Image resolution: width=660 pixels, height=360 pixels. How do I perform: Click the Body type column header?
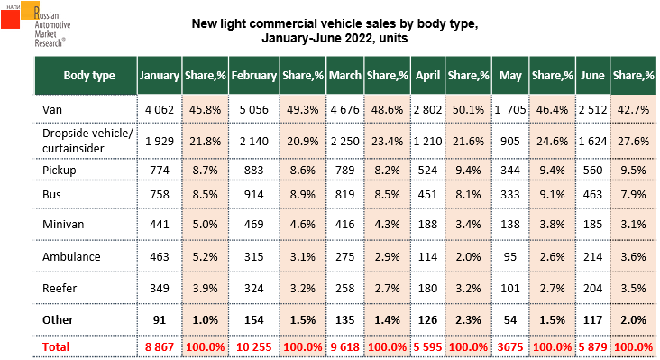tap(89, 76)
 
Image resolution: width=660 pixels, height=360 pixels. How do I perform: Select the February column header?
tap(254, 76)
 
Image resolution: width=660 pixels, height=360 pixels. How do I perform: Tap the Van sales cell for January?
tap(159, 110)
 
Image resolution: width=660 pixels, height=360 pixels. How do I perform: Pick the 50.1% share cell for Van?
tap(468, 110)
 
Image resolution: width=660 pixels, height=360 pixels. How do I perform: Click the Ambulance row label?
tap(71, 256)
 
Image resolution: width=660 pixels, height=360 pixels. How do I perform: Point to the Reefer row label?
tap(60, 289)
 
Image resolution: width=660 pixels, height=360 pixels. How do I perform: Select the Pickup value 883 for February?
tap(254, 171)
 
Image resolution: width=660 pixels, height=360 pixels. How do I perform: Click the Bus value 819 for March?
tap(344, 195)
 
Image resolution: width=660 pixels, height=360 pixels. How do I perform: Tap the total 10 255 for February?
tap(254, 347)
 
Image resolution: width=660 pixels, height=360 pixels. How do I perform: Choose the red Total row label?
tap(56, 347)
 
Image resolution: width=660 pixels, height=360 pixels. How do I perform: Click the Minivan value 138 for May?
tap(510, 224)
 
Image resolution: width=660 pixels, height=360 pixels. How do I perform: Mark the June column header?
tap(592, 76)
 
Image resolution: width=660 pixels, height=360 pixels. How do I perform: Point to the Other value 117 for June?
tap(592, 320)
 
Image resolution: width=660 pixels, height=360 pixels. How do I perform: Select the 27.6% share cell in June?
tap(633, 141)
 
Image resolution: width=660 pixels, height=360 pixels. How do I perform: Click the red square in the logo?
tap(10, 19)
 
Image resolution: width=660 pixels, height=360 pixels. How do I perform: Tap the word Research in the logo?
tap(49, 43)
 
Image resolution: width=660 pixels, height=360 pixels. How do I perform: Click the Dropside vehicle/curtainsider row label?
tap(87, 141)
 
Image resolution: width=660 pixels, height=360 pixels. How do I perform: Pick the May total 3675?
tap(510, 347)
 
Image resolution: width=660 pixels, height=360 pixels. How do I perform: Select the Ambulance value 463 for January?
tap(159, 256)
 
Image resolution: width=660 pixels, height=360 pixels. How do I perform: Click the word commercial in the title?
tap(282, 23)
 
